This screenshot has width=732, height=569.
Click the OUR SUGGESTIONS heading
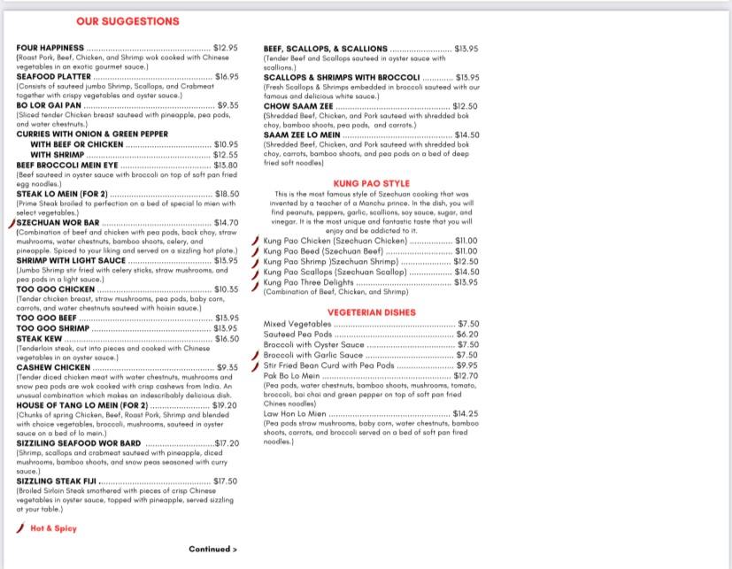click(127, 20)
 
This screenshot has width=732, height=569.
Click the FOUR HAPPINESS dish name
click(50, 48)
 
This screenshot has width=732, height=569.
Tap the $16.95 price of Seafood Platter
click(227, 77)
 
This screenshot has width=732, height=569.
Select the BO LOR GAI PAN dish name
click(49, 106)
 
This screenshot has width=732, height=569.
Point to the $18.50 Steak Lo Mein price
click(227, 194)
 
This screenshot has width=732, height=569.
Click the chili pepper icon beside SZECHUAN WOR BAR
click(11, 223)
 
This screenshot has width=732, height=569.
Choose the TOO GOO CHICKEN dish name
click(55, 289)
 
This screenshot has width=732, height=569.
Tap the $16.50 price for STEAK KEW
click(227, 339)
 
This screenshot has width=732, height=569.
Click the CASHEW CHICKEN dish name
click(53, 367)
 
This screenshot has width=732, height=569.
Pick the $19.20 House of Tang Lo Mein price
click(225, 405)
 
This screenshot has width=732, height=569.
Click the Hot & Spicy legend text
click(53, 528)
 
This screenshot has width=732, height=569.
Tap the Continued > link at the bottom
click(212, 550)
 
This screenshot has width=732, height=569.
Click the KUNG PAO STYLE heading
click(371, 184)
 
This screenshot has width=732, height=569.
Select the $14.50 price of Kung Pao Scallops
click(466, 273)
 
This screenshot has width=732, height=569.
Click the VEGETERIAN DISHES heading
click(371, 312)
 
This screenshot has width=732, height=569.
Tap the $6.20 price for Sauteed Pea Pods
click(466, 334)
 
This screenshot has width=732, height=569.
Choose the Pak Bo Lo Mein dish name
click(291, 376)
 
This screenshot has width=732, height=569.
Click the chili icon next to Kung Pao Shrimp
click(255, 262)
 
